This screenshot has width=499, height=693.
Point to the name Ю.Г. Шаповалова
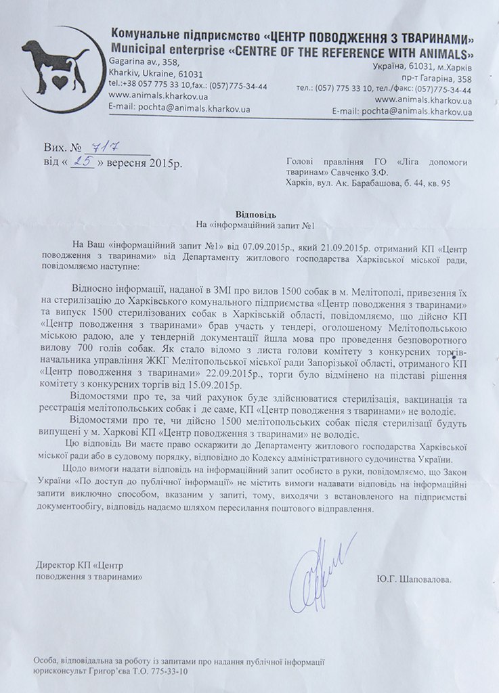point(414,580)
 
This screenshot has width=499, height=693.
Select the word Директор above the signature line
point(54,566)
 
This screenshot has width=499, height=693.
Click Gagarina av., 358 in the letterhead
point(137,62)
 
